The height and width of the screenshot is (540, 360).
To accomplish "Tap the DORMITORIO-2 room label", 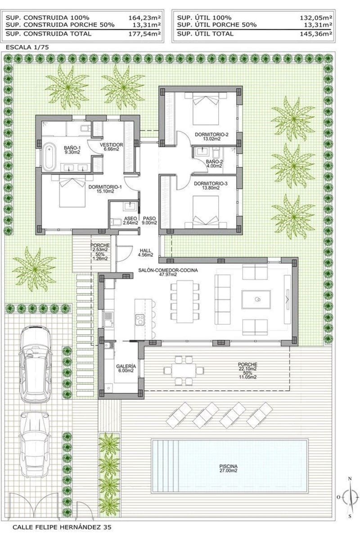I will click(211, 135).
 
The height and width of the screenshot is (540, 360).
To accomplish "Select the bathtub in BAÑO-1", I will click(48, 154).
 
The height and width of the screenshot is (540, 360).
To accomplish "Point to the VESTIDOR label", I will click(111, 145).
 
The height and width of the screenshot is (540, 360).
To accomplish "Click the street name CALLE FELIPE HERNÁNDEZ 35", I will click(60, 526).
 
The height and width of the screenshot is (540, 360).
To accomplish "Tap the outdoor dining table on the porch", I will click(184, 369).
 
